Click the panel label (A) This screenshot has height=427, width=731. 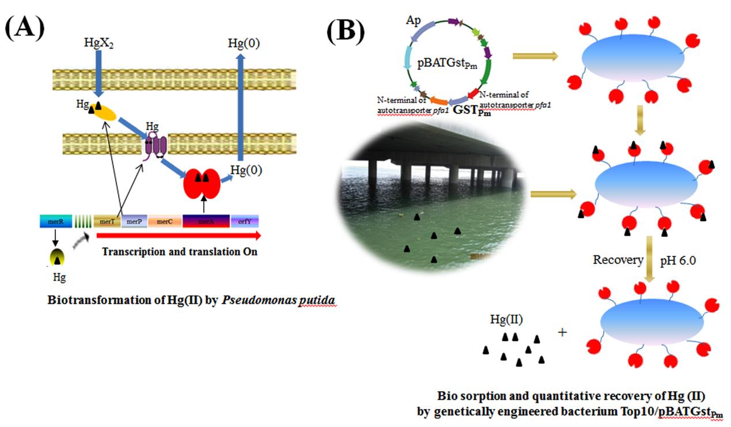[25, 27]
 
